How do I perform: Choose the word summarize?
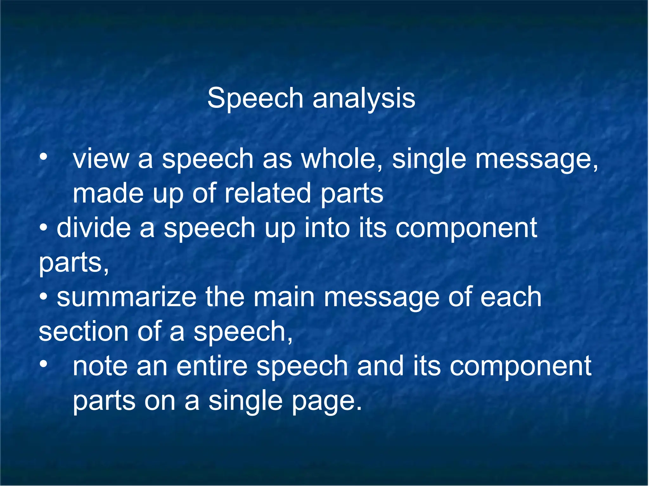click(126, 298)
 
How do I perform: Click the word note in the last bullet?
click(100, 366)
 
